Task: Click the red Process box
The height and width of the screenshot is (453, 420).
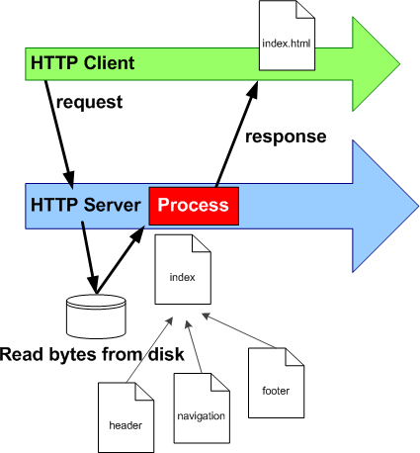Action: (194, 205)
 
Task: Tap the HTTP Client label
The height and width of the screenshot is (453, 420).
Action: (82, 63)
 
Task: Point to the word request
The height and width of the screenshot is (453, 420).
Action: (89, 101)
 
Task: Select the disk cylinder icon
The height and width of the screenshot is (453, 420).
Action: (96, 314)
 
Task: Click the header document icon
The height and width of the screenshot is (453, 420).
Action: (126, 416)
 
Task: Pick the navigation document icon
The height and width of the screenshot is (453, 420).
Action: (201, 407)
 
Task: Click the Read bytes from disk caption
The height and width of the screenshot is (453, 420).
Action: (95, 353)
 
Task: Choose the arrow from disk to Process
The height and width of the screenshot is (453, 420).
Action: (122, 257)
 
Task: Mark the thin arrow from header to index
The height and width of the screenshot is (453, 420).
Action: (153, 350)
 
